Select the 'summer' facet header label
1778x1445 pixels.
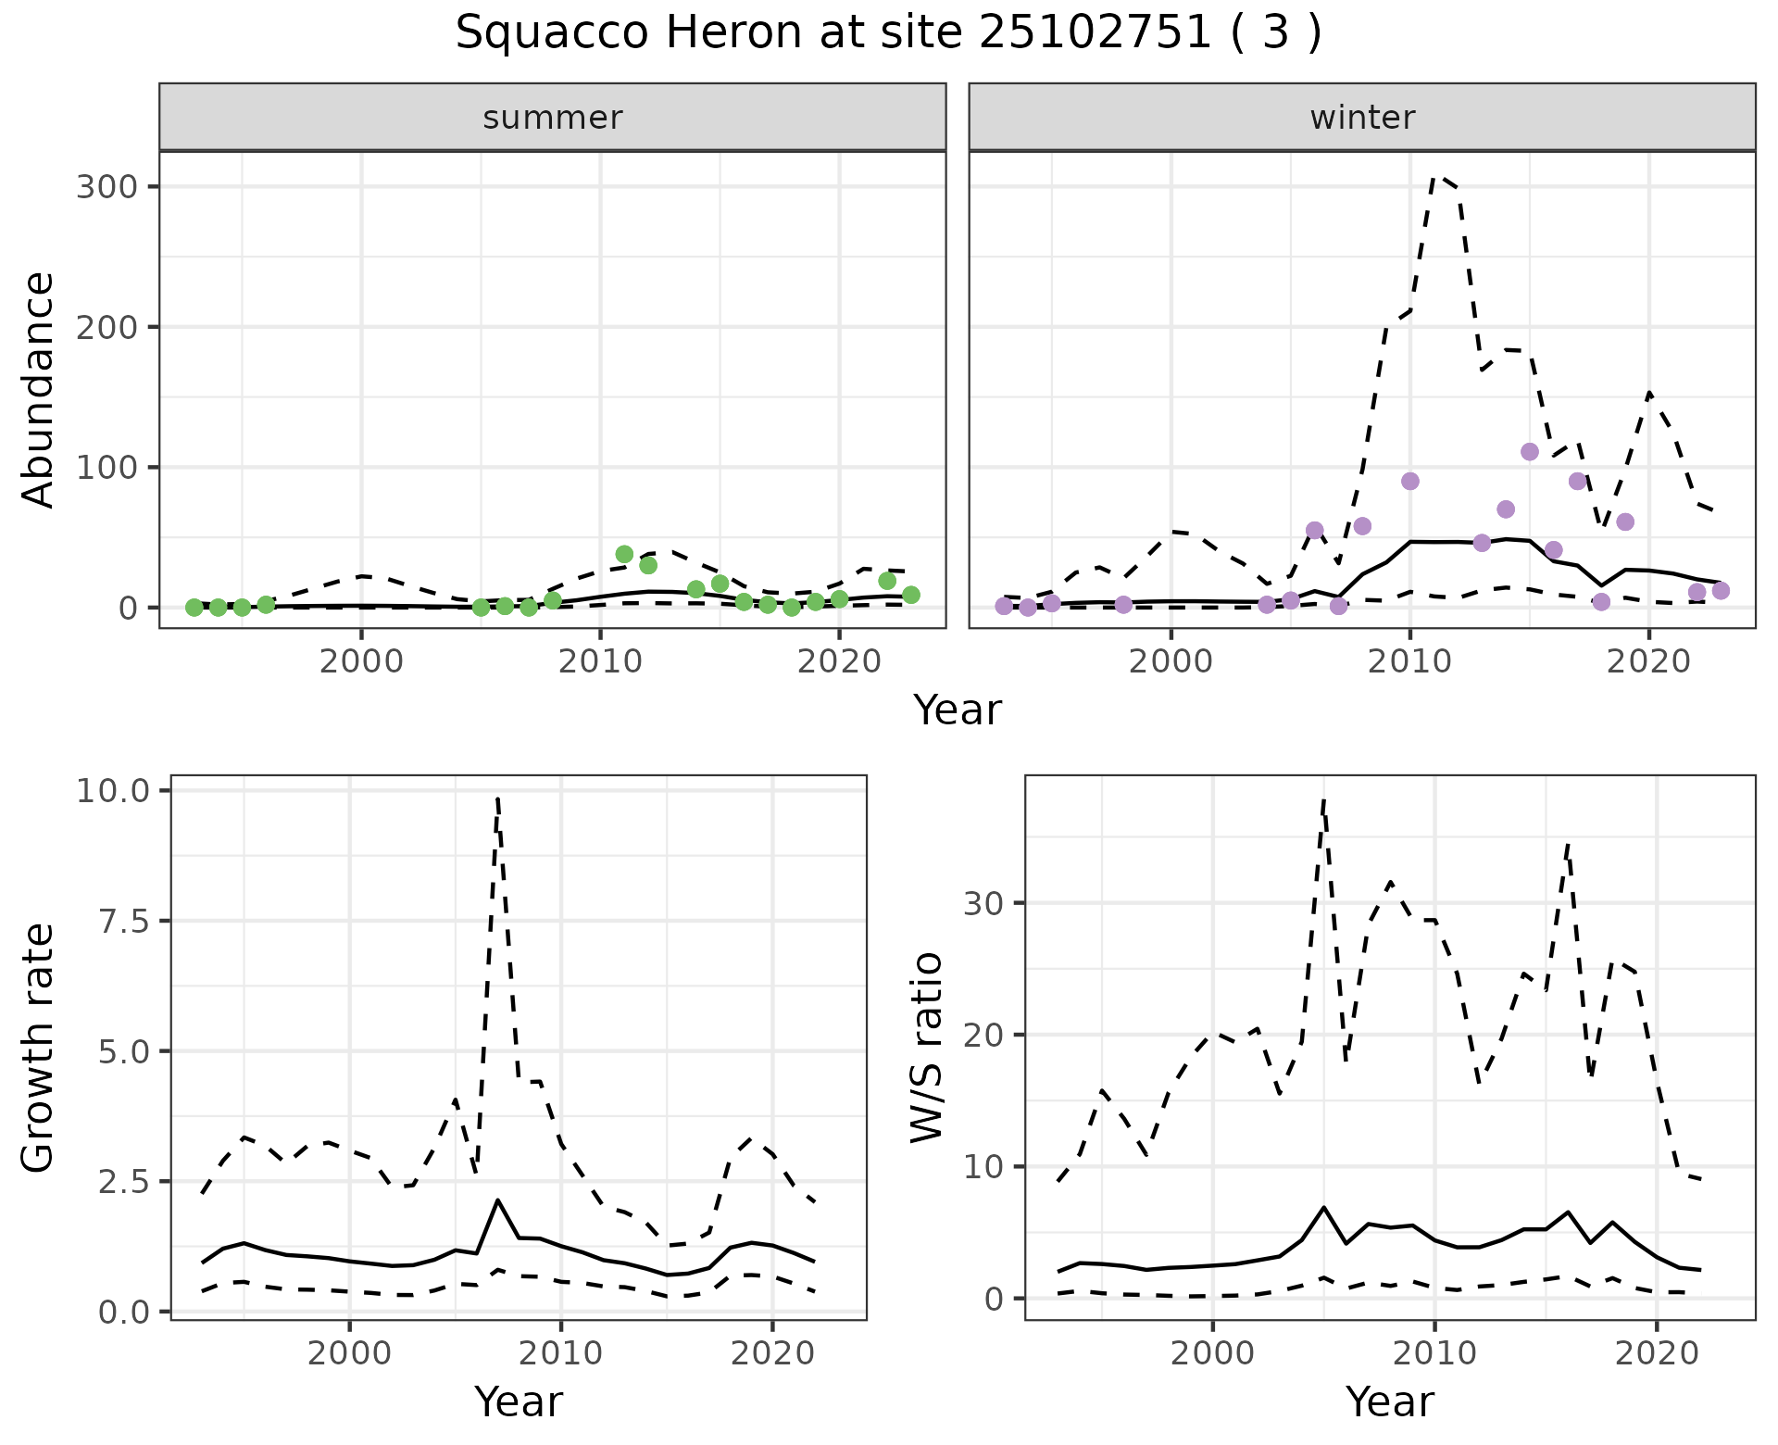[x=552, y=118]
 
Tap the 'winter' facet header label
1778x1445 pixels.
[x=1361, y=118]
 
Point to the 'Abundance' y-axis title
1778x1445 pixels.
[x=38, y=389]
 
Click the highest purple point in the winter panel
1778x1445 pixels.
[x=1530, y=452]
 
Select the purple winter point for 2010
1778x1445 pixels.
[x=1410, y=482]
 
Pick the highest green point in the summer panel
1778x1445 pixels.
[x=624, y=554]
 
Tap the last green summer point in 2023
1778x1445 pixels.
[x=911, y=595]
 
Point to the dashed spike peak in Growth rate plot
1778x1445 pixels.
[x=497, y=798]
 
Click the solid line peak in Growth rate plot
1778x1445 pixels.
[x=497, y=1200]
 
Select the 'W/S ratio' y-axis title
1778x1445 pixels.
[x=927, y=1047]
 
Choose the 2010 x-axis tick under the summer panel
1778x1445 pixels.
[x=600, y=662]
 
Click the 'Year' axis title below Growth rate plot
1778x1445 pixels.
[x=518, y=1401]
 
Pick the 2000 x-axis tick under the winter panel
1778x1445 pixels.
[x=1171, y=662]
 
